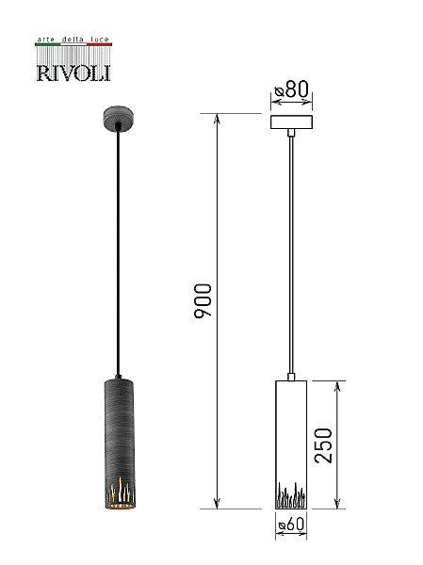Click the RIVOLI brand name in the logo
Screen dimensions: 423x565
(x=73, y=73)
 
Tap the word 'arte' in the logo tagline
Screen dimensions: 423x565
(x=45, y=40)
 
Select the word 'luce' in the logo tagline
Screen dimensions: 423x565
(x=100, y=40)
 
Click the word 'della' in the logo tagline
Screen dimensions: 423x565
(x=73, y=40)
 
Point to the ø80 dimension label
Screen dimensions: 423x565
(x=291, y=89)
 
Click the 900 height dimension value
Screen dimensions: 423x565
(x=203, y=300)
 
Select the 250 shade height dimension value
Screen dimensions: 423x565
(x=323, y=445)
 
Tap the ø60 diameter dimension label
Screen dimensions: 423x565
(x=291, y=525)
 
